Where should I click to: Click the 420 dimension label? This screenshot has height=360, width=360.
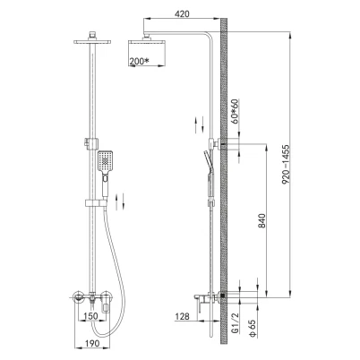(182, 13)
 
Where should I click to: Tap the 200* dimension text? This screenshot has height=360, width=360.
(139, 61)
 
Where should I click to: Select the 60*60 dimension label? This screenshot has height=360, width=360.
(236, 109)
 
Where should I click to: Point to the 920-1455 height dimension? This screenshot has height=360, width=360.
(286, 165)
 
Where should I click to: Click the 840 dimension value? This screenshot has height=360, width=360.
(261, 220)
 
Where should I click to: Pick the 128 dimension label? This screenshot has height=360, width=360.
(182, 316)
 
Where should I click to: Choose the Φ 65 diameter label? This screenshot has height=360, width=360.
(253, 329)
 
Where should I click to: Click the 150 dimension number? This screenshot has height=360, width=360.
(90, 316)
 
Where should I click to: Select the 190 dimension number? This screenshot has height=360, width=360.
(92, 343)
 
